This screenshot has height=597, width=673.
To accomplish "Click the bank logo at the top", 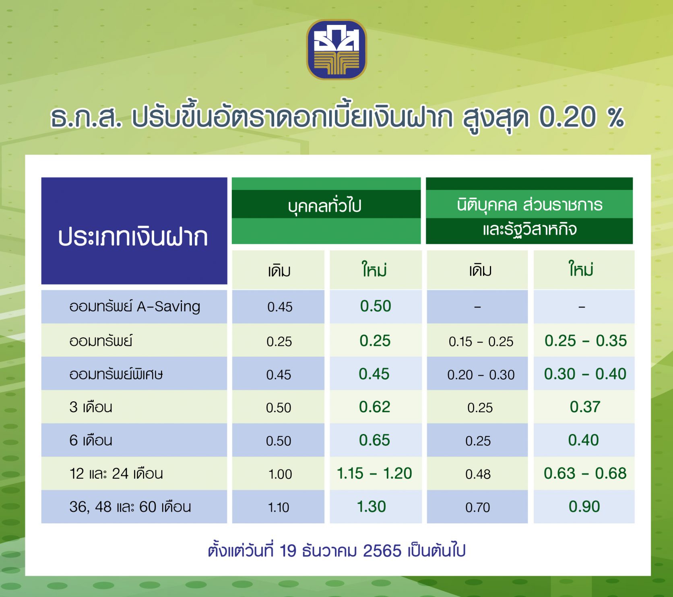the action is click(336, 49).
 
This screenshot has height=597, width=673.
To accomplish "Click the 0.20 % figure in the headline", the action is click(582, 117).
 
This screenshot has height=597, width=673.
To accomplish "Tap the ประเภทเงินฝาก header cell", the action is click(134, 231).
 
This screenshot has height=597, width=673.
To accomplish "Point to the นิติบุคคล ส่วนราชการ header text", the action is click(529, 205).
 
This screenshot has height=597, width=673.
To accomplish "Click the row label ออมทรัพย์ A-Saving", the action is click(134, 307).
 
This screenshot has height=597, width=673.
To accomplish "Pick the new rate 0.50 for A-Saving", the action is click(376, 306).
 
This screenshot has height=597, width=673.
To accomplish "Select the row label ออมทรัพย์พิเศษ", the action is click(116, 374).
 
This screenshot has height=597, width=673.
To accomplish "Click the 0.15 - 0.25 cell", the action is click(481, 341).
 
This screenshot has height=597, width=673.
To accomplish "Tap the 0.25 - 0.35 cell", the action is click(586, 341).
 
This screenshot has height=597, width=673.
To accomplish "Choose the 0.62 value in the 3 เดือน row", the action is click(375, 407).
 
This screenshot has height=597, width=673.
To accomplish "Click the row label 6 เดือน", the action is click(91, 440).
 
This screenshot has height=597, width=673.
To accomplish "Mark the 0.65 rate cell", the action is click(374, 440).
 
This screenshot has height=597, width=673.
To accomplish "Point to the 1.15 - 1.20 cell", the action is click(374, 473).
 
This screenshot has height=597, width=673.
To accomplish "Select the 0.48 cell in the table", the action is click(478, 474).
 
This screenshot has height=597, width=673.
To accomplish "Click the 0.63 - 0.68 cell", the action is click(585, 473).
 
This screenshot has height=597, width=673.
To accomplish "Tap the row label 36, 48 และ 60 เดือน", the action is click(130, 507).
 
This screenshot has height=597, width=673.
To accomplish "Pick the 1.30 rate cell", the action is click(372, 506).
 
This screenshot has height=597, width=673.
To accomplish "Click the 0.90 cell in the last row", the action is click(584, 506).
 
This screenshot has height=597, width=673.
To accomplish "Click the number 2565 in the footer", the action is click(382, 551).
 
